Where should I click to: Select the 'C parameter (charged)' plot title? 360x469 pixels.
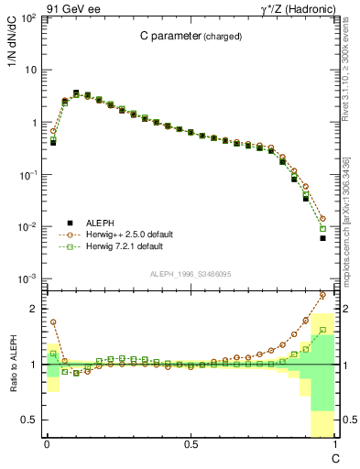click(x=191, y=37)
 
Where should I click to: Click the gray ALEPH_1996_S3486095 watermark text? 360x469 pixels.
click(x=191, y=274)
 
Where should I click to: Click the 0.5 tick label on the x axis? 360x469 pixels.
click(x=191, y=444)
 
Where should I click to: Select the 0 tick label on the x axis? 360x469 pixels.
click(x=47, y=444)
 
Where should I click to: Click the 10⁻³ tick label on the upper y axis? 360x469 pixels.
click(x=29, y=278)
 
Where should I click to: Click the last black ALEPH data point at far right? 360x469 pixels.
click(x=322, y=238)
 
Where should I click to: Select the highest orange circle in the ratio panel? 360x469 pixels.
click(x=322, y=295)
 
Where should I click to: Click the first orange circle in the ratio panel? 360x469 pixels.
click(x=53, y=322)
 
